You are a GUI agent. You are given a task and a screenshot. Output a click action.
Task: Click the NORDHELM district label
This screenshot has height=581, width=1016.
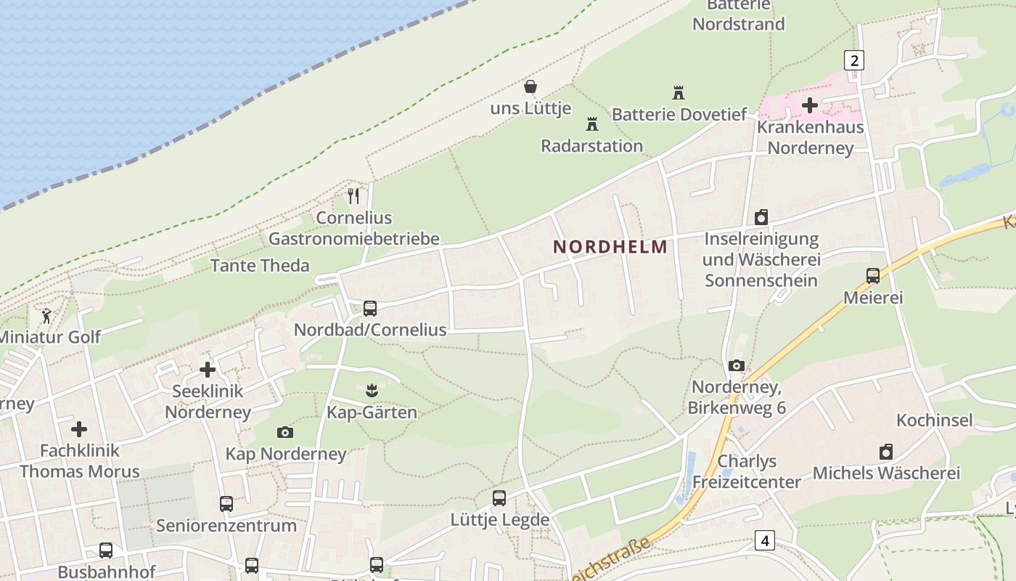coord(610,247)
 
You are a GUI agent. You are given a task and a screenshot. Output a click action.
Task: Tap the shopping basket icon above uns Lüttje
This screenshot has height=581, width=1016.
coord(530,87)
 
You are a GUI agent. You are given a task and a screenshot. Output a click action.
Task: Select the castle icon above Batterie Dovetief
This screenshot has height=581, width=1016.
coord(679,93)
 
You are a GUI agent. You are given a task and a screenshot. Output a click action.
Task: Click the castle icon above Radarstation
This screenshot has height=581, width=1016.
coord(592,124)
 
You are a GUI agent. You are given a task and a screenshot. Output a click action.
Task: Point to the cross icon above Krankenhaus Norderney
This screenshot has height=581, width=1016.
coord(810,106)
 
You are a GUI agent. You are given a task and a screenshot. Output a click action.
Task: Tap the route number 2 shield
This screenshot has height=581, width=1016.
coord(854,60)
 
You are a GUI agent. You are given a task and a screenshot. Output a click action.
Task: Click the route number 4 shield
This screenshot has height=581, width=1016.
coord(764,540)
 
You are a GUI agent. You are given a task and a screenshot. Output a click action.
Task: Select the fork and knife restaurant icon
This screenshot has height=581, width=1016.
coord(353,196)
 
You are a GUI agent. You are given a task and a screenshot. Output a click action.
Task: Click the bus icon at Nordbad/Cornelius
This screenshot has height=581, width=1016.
coord(370,309)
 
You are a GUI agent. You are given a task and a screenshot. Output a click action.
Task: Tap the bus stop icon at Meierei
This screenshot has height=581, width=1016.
coord(873,276)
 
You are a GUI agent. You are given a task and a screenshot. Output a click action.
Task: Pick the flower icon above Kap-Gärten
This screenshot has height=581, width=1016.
coord(372,391)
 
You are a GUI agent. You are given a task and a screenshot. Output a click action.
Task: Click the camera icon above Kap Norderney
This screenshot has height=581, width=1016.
coord(285,432)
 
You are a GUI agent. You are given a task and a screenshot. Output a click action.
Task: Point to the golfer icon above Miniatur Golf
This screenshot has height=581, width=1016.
coord(47,316)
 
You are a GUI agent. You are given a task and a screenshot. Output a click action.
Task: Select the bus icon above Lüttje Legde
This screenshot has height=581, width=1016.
coord(499,498)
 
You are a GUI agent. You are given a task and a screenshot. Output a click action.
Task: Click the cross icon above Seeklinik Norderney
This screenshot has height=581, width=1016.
coord(208,370)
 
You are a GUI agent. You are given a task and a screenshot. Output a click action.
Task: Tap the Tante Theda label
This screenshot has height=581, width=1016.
coord(260,266)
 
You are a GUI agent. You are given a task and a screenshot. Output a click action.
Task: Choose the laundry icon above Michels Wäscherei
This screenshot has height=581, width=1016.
coord(886,452)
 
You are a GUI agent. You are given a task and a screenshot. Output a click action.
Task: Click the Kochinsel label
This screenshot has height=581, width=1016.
coord(934,420)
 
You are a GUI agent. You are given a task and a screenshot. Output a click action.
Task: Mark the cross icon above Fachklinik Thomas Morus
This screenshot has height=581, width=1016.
coord(79,429)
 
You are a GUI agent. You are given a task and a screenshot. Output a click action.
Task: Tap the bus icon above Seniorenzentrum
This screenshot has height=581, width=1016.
coord(226,503)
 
